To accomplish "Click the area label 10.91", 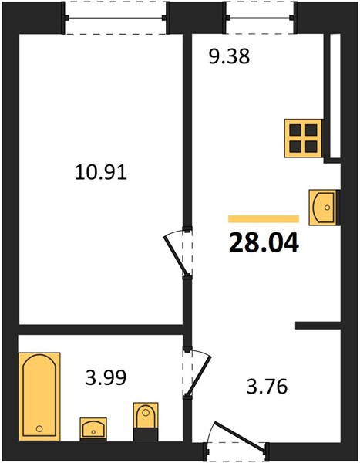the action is coord(101,172).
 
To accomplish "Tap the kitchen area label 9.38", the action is coord(229,56).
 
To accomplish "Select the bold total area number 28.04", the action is coord(264,242).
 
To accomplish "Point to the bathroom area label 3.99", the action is coord(106,377).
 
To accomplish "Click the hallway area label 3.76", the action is coord(267,387).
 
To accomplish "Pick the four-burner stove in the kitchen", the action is coord(303,138).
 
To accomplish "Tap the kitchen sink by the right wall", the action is coord(323,208).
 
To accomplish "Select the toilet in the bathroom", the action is coord(146,415).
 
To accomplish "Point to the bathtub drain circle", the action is coord(39,428).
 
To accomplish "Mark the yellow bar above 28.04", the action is coord(264,219).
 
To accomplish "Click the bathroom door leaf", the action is coord(199,373).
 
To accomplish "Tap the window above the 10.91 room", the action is coord(116,18).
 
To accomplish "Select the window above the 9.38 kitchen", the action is coord(261,18).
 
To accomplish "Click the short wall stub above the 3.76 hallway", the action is coord(318,325).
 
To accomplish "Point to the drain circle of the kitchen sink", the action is coord(327,208).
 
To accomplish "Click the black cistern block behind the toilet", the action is coord(146,434).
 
